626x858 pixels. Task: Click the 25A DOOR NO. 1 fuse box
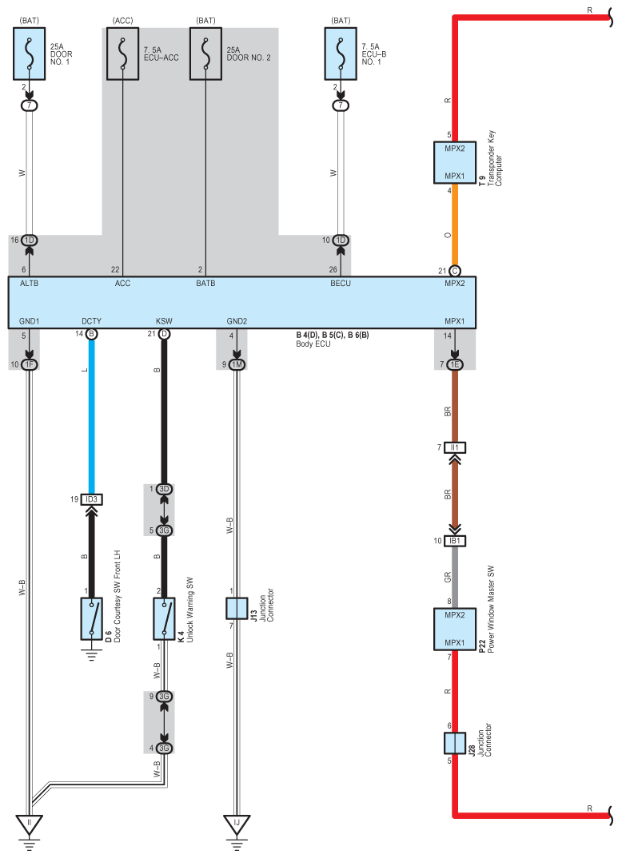click(x=30, y=54)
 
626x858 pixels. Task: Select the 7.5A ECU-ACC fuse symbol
click(x=122, y=54)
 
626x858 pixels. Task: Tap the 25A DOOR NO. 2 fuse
click(x=205, y=54)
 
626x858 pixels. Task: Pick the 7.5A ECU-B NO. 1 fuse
click(x=341, y=54)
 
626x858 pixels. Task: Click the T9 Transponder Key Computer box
click(x=454, y=162)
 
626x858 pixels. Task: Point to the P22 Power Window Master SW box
click(x=454, y=630)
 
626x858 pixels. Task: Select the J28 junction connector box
click(x=454, y=743)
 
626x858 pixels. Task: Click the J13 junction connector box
click(x=237, y=608)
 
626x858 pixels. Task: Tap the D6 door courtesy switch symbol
click(x=91, y=618)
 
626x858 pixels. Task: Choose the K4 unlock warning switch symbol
click(x=164, y=618)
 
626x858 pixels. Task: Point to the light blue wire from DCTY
click(x=91, y=415)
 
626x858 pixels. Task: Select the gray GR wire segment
click(x=454, y=576)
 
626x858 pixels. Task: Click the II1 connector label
click(x=454, y=447)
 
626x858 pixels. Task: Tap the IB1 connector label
click(x=454, y=541)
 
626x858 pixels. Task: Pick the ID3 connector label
click(x=91, y=500)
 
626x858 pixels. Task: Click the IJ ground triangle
click(x=237, y=822)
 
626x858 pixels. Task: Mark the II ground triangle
click(x=30, y=822)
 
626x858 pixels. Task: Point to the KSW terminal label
click(x=164, y=320)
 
